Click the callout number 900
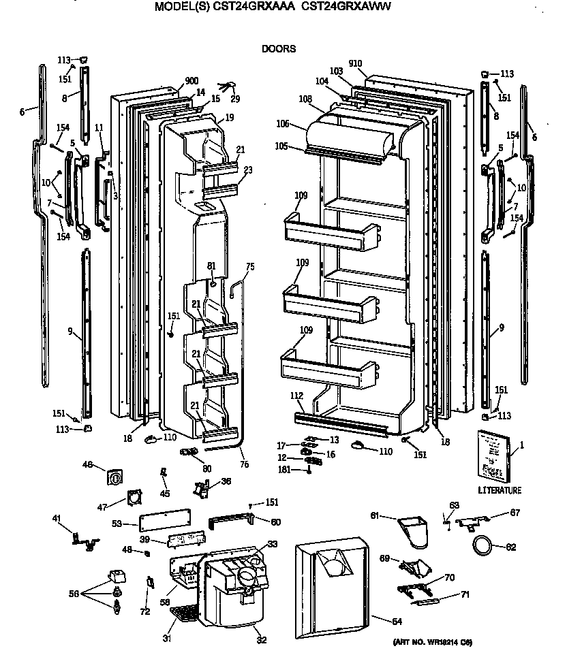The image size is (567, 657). (x=174, y=80)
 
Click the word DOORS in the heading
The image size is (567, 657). (x=279, y=49)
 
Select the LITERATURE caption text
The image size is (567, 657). (x=500, y=490)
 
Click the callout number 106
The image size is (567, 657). (x=283, y=124)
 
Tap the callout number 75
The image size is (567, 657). (x=250, y=266)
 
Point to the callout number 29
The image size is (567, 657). (x=235, y=99)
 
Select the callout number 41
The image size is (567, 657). (x=57, y=518)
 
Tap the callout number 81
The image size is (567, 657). (x=211, y=265)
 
